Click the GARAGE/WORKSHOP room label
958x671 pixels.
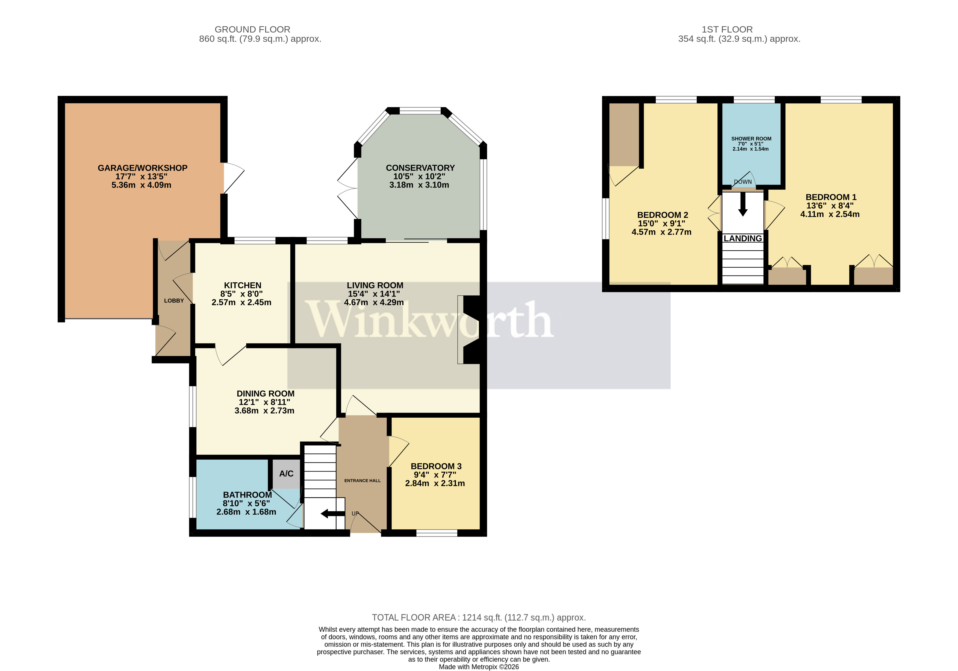142,168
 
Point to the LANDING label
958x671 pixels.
743,238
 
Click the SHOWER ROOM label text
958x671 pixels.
751,139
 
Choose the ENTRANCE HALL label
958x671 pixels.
362,480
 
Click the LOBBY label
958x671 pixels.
173,301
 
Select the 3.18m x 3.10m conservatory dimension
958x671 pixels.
419,185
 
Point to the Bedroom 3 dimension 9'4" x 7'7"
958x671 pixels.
435,475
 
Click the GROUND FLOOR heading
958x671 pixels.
252,30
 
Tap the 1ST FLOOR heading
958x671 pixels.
727,30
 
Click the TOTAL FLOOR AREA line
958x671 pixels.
479,617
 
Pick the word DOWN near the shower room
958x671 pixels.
743,182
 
